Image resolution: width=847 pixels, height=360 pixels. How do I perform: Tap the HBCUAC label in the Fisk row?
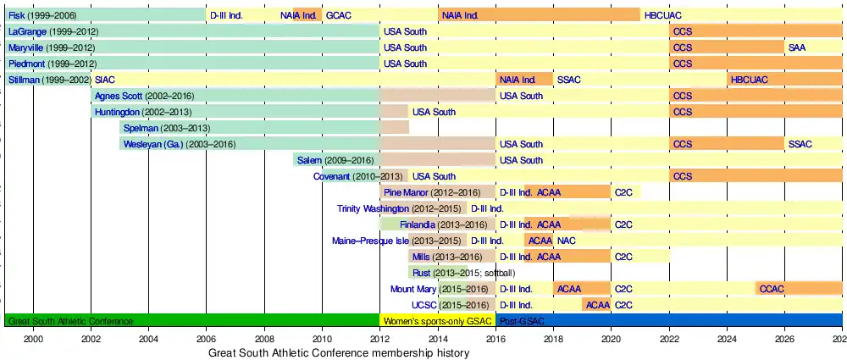(662, 15)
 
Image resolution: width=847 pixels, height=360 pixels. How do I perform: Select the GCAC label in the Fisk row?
(339, 15)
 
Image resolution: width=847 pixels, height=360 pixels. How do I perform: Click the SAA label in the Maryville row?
(797, 47)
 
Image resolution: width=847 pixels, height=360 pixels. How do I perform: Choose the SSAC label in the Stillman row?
(569, 80)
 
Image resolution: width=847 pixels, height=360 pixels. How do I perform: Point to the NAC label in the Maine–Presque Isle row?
(567, 241)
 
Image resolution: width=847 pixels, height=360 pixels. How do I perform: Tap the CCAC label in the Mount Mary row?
(772, 289)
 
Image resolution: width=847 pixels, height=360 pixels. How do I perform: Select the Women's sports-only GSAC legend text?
(437, 321)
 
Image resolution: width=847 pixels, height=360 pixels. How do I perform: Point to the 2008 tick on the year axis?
(263, 339)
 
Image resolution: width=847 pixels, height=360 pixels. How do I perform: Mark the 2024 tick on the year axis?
(727, 339)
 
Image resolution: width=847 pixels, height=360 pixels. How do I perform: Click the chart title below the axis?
(339, 353)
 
